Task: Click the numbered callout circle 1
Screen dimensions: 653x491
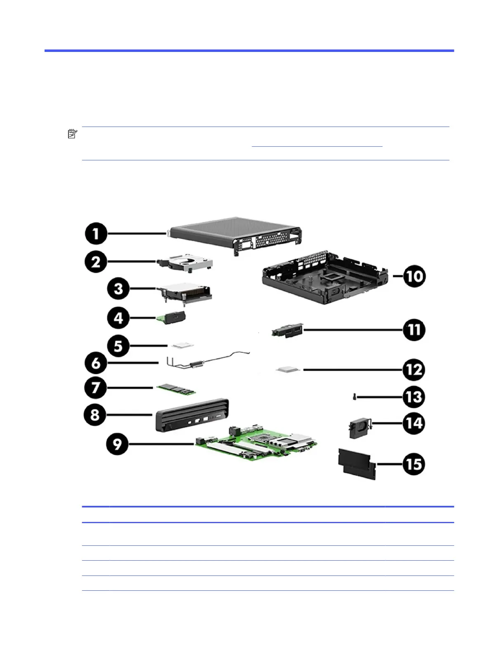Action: pos(96,234)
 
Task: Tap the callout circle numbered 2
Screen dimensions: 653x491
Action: pos(96,262)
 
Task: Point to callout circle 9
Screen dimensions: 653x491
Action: pos(118,444)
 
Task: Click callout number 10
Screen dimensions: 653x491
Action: pos(414,276)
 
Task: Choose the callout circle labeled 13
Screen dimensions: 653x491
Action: pos(414,397)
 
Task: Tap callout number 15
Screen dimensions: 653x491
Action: pos(414,464)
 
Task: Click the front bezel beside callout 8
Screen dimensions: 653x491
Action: pos(192,415)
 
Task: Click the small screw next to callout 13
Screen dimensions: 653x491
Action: pos(354,397)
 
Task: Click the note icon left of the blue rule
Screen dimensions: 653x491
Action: pos(72,134)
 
